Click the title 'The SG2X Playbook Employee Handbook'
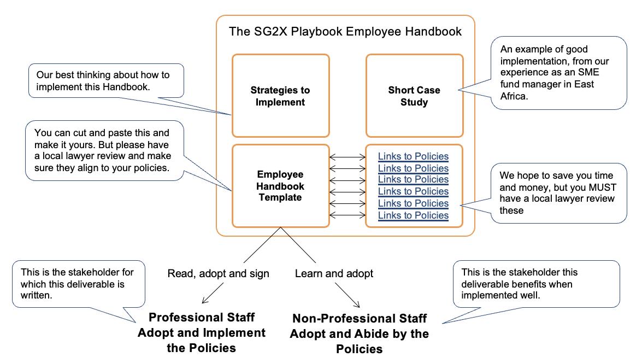[x=345, y=32]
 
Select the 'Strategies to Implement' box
[x=281, y=96]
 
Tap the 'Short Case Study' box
[x=414, y=96]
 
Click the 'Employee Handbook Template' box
[x=281, y=186]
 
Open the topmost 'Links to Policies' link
[x=413, y=157]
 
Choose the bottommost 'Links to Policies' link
[x=413, y=215]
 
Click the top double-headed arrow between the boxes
[x=348, y=157]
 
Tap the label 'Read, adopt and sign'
[x=218, y=273]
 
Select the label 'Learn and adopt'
[x=334, y=273]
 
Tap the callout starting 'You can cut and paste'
[x=104, y=151]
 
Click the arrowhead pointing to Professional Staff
[x=205, y=300]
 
